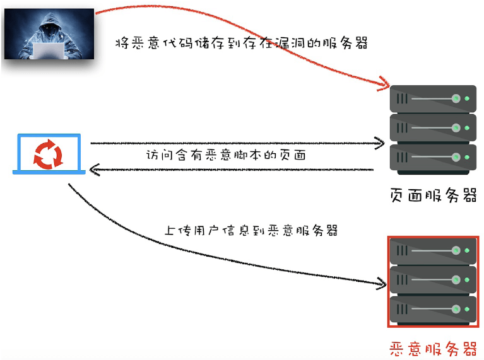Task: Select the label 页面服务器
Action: click(x=433, y=195)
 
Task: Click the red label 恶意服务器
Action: click(x=433, y=348)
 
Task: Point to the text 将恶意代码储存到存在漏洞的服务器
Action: click(x=241, y=44)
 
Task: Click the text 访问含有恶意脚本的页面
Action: click(x=226, y=154)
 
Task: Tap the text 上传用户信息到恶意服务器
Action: click(x=251, y=230)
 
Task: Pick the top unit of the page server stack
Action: click(x=433, y=99)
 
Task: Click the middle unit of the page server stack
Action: click(x=433, y=128)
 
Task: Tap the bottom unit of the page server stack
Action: click(x=433, y=157)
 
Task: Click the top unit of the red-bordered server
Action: click(x=433, y=252)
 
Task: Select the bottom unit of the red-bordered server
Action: click(x=433, y=310)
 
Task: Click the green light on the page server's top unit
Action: click(x=467, y=99)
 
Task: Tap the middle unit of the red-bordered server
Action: click(x=433, y=281)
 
